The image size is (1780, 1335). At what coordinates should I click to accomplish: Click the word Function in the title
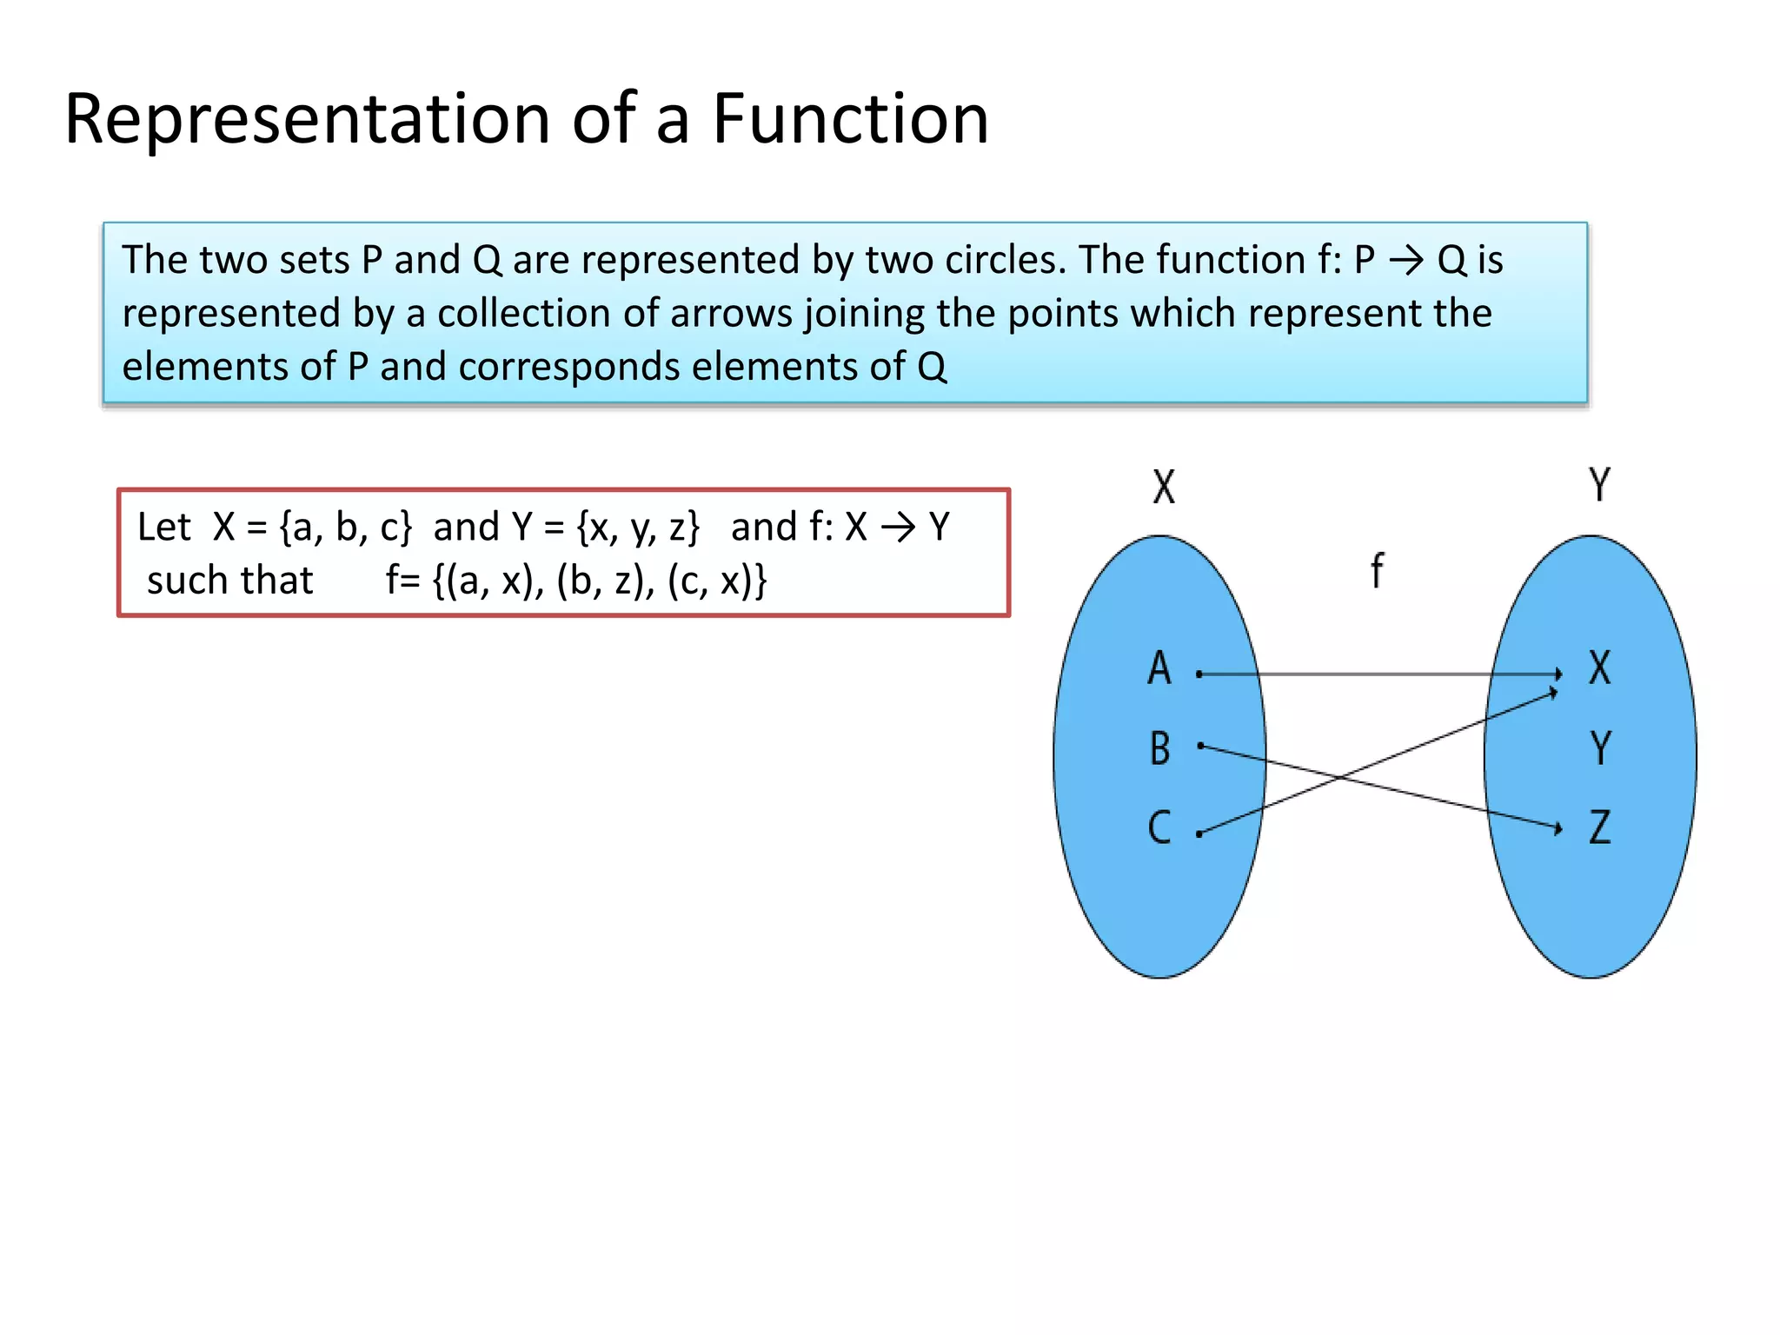point(850,119)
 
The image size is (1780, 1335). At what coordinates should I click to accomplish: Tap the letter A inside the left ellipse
point(1159,668)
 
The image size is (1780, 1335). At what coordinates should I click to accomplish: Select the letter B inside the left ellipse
point(1160,748)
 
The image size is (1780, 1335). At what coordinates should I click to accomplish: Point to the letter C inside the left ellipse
point(1159,827)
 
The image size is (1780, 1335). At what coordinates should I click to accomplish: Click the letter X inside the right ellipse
point(1599,668)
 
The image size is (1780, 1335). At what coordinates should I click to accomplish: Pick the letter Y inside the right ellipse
point(1600,748)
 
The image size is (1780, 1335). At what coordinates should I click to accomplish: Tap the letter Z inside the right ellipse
point(1600,827)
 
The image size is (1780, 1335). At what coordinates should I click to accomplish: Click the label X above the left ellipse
point(1164,487)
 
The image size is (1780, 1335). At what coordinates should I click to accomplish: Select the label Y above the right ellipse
point(1599,485)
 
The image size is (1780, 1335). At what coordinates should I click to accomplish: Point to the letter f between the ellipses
point(1377,571)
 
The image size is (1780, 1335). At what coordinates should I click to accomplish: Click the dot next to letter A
point(1199,674)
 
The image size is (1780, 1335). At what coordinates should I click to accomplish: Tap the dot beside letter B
point(1200,745)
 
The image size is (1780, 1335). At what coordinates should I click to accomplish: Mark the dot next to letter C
point(1199,834)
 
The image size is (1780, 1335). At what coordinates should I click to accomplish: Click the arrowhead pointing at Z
point(1557,828)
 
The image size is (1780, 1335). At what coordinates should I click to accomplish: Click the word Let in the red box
point(163,527)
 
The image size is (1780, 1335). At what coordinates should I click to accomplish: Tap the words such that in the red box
point(229,581)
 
